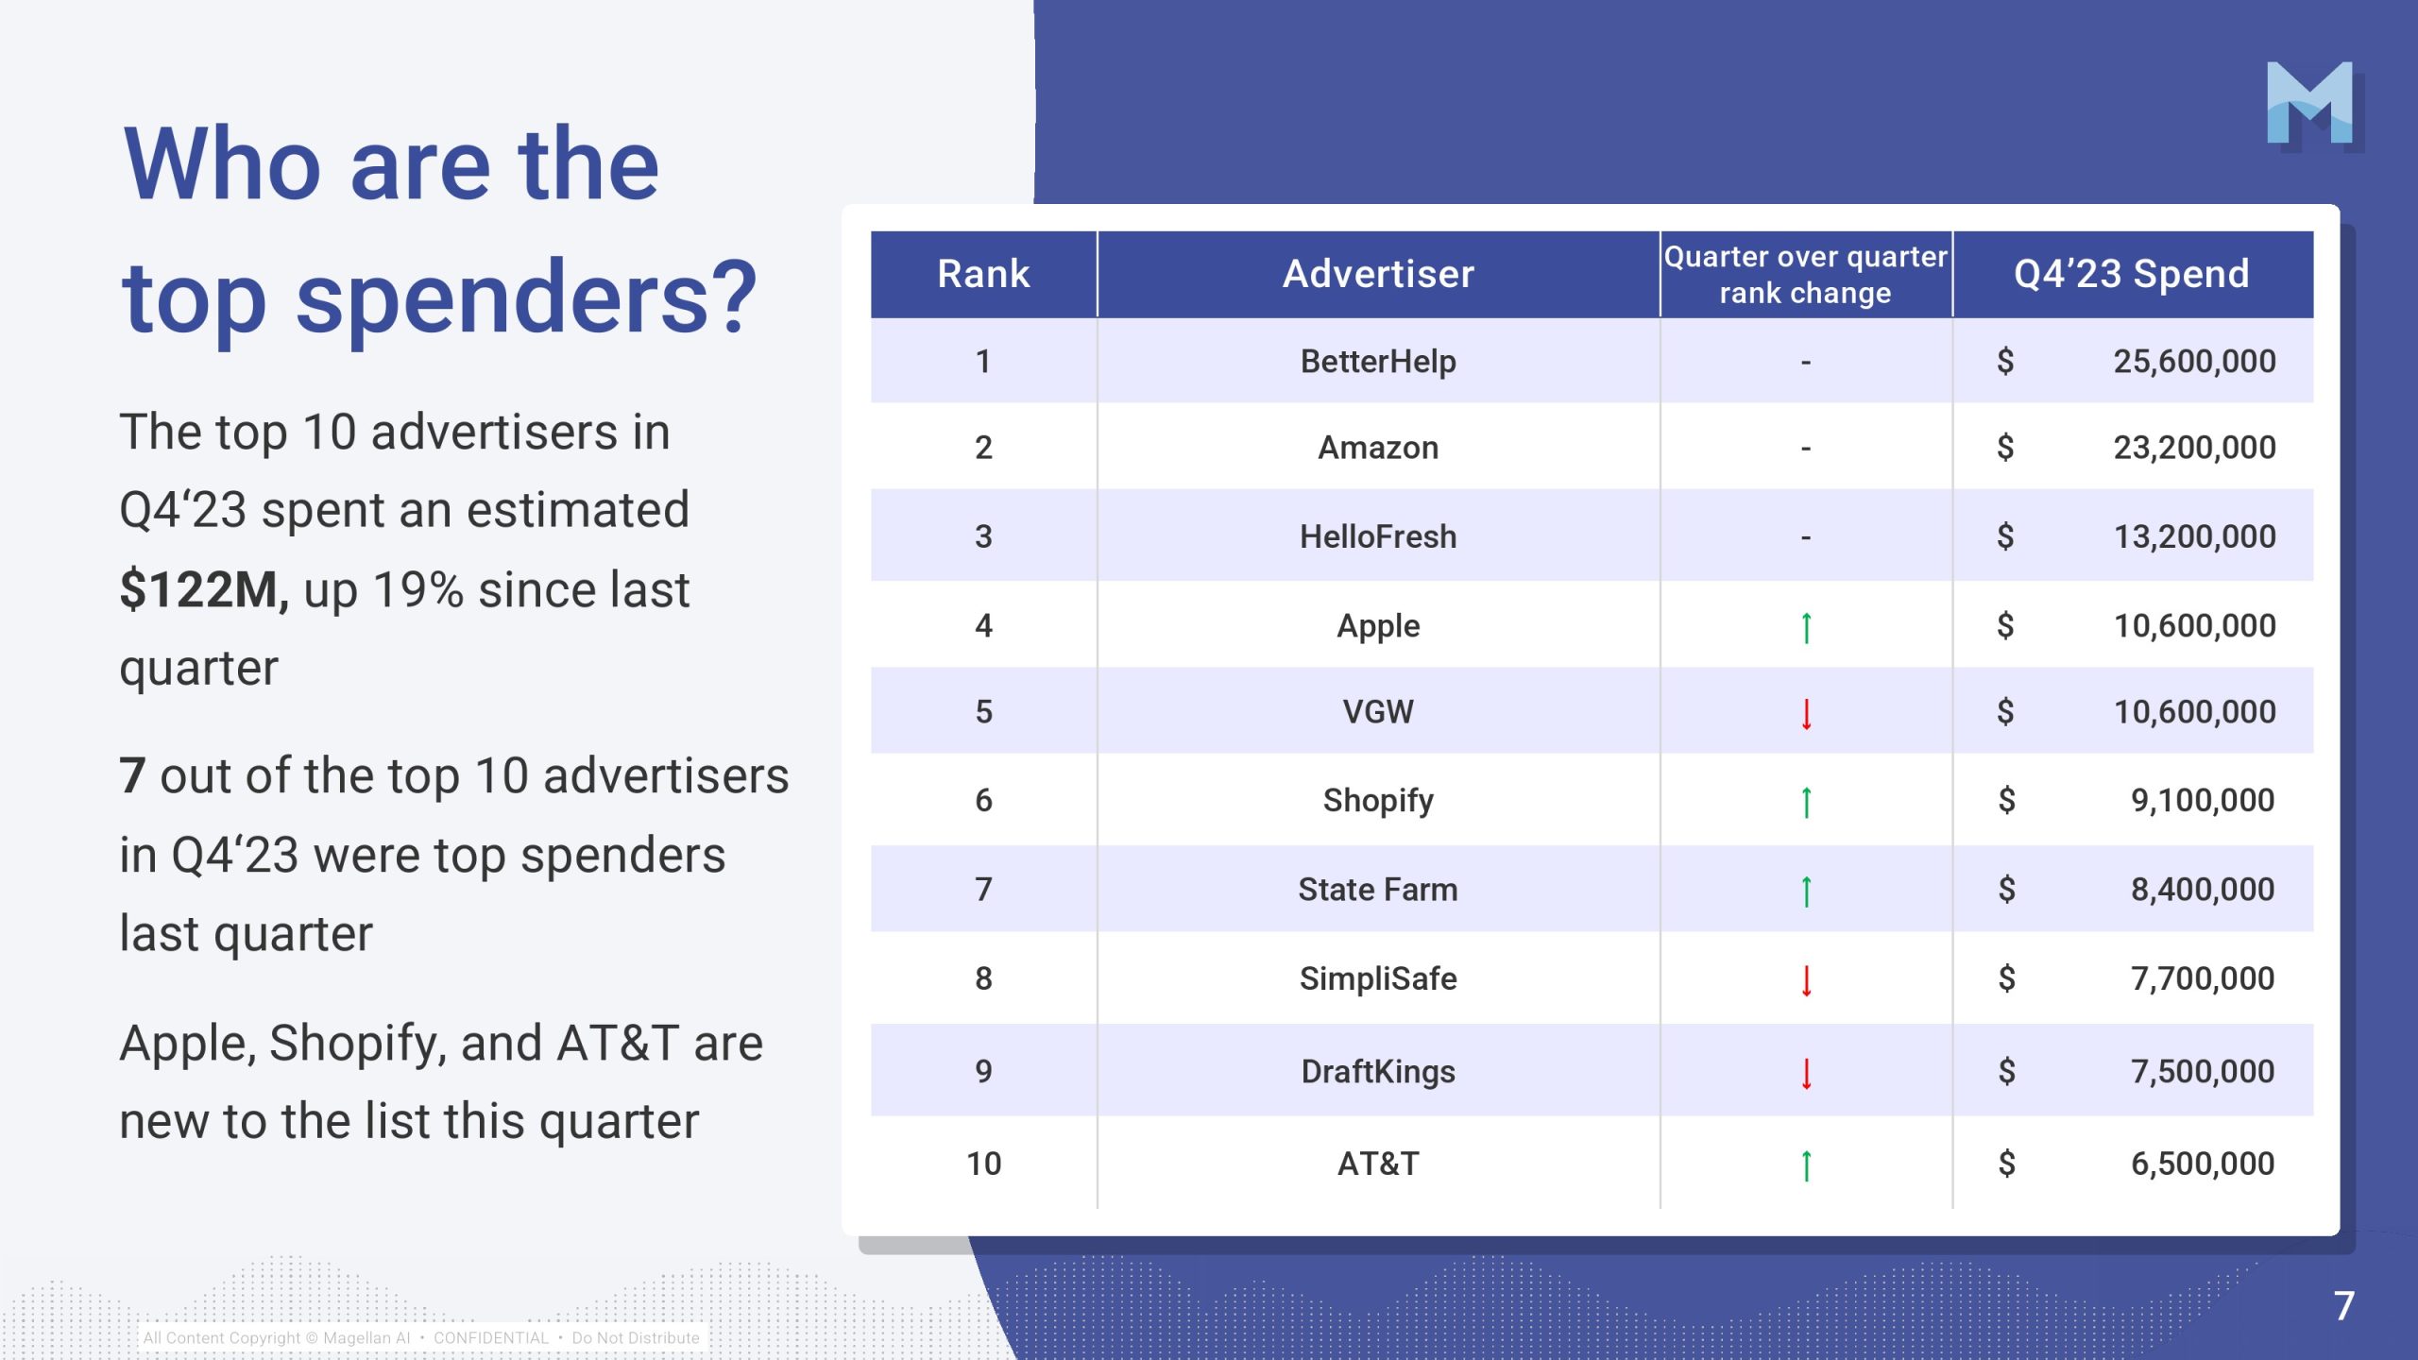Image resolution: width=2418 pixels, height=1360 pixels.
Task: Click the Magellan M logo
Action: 2310,104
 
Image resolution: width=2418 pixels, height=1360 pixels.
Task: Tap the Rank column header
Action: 983,274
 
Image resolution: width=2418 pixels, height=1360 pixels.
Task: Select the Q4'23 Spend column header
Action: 2132,274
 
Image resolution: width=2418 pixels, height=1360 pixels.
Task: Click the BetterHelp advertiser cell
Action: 1378,362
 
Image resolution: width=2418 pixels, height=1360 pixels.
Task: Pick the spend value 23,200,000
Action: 2194,448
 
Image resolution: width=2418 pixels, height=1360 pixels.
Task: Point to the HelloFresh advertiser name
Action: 1378,536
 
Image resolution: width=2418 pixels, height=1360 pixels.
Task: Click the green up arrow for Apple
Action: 1806,627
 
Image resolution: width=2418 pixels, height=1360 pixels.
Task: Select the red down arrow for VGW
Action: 1806,714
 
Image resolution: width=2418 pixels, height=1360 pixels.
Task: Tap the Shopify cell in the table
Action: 1378,801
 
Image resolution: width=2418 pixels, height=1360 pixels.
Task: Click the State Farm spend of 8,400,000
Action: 2202,890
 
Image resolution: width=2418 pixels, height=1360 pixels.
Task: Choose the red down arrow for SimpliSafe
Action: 1806,981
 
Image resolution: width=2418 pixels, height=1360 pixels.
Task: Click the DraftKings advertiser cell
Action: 1378,1072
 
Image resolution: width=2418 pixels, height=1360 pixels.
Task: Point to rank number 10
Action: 983,1164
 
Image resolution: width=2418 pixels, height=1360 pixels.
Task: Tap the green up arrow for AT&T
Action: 1806,1166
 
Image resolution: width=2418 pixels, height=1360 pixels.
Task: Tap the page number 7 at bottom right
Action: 2343,1306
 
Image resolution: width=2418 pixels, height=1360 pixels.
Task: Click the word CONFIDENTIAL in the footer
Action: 491,1338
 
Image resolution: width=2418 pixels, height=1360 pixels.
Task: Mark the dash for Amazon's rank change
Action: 1806,449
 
